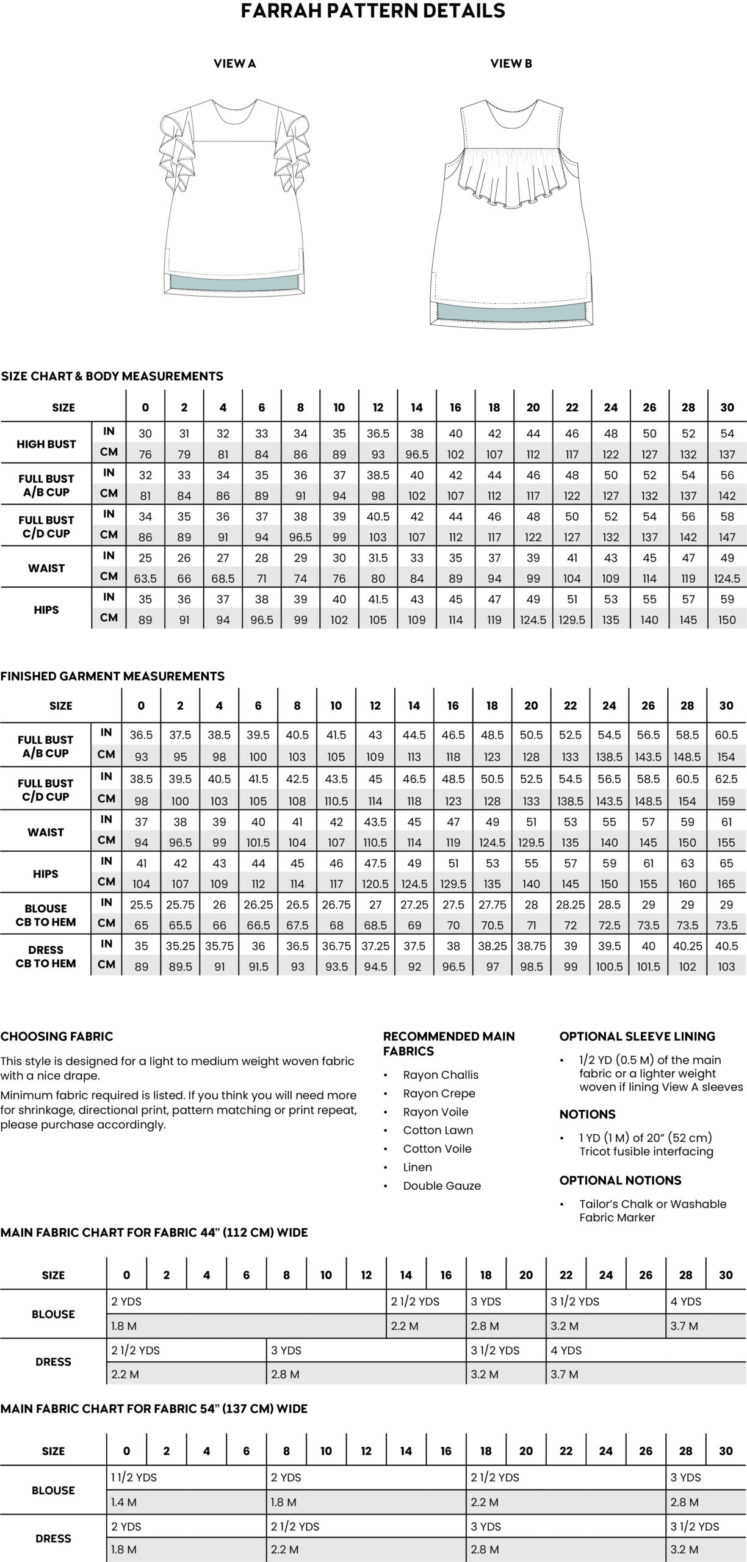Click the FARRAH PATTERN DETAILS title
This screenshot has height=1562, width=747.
373,11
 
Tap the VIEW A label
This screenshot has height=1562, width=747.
234,63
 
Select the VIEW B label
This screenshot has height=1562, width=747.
511,63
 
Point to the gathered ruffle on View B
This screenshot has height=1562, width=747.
511,180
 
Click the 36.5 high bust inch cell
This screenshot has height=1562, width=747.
378,434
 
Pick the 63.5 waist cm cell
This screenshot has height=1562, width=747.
145,578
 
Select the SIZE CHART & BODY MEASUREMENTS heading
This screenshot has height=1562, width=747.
112,376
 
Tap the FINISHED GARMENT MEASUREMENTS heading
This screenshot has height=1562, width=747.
112,676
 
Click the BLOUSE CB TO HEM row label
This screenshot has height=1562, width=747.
46,915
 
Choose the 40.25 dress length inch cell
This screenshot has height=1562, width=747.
687,946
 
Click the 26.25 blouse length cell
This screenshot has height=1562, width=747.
258,905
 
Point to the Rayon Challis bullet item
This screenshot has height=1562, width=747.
441,1075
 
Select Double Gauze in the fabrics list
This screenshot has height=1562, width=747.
442,1186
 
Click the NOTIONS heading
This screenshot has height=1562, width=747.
587,1114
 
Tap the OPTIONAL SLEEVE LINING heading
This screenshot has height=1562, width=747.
637,1036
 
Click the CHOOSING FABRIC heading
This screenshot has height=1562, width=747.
57,1036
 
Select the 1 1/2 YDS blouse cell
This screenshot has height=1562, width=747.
134,1478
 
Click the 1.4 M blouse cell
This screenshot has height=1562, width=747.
124,1502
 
